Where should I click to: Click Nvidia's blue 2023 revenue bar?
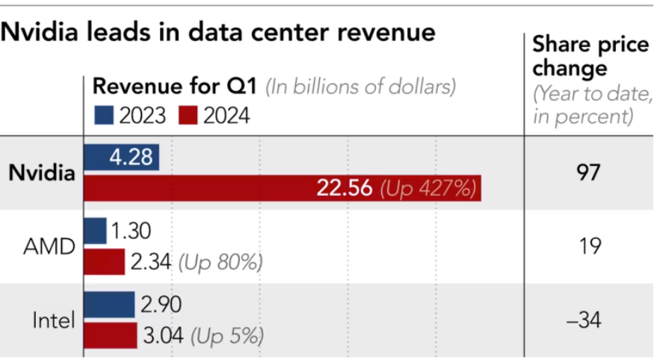[121, 158]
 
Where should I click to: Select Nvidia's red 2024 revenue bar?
[282, 187]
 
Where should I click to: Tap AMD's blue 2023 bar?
[96, 231]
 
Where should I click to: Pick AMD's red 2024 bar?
[105, 261]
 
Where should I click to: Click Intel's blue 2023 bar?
[109, 305]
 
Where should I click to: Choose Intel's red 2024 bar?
[111, 335]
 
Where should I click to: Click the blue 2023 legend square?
[103, 115]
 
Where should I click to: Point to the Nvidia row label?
[42, 173]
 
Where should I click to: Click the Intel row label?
[54, 321]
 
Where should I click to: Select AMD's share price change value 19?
[590, 246]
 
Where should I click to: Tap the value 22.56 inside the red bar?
[344, 188]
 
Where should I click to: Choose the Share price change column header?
[590, 57]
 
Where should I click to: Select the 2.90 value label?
[161, 305]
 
